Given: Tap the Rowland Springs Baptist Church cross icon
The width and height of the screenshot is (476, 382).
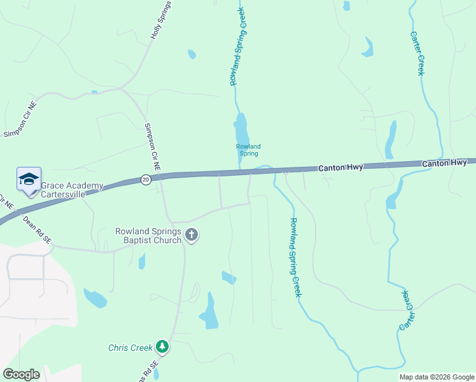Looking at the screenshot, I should coord(191,236).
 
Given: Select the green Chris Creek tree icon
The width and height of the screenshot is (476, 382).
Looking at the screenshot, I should coord(163,346).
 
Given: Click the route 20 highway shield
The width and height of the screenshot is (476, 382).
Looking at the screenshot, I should coord(146,180).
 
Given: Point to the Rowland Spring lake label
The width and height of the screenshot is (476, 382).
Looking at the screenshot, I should coord(248,150).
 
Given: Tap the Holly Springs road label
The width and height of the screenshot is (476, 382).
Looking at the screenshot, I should coord(161,21).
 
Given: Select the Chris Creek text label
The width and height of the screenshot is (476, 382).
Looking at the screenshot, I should coord(130,348).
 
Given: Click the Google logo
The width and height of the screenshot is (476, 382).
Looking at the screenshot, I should coord(21,374).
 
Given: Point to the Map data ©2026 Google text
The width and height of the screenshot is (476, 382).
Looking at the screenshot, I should coord(437,377).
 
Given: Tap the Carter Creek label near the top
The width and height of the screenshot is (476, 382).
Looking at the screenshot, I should coord(417,53).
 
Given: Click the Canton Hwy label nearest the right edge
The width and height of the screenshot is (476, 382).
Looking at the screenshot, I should coord(445,164).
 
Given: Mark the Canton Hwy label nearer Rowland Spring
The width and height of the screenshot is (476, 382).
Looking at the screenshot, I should coord(340,167).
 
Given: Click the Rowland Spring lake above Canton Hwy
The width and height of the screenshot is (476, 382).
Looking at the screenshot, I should coord(241,132).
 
